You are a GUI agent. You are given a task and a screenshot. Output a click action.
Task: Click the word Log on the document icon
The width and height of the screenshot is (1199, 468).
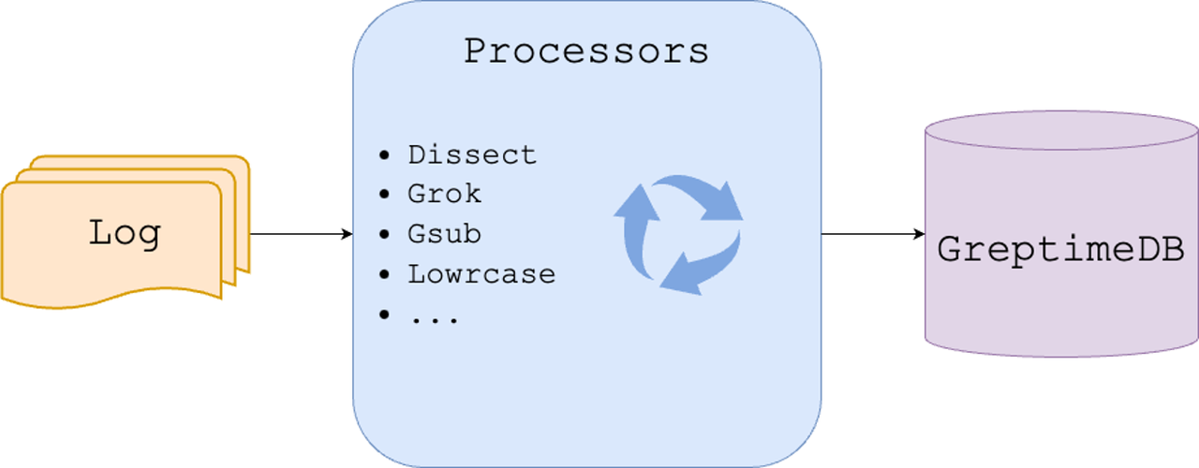tap(125, 232)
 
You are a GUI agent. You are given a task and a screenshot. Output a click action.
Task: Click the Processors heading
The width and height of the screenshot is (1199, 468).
tap(586, 51)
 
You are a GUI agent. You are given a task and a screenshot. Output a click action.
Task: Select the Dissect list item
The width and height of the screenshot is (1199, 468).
tap(472, 154)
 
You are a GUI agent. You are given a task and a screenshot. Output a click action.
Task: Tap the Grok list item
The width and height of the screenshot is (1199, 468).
tap(444, 194)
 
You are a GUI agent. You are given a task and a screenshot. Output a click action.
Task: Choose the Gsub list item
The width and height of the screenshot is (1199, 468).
tap(444, 234)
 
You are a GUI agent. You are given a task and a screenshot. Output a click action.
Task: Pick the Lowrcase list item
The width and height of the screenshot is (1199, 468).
tap(481, 274)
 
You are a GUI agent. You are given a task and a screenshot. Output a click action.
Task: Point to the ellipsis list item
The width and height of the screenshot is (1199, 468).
tap(434, 316)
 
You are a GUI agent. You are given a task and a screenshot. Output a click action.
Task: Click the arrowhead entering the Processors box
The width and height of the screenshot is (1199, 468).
tap(348, 234)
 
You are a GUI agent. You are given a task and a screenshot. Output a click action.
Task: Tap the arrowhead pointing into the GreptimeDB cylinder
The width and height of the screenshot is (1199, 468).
tap(919, 234)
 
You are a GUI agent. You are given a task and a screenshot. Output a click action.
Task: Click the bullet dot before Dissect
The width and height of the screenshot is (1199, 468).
tap(384, 155)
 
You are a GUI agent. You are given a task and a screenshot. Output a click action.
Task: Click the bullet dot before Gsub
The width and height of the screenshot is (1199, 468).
tap(384, 234)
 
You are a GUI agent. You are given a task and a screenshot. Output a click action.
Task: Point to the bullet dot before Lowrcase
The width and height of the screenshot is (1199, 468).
tap(384, 274)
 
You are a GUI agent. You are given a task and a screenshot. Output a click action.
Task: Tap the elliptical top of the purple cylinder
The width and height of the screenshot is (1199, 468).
tap(1061, 130)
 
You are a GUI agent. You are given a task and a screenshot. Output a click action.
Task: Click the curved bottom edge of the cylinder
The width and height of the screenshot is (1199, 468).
tap(1061, 356)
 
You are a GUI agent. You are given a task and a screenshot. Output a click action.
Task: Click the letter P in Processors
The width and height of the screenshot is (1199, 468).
tap(476, 51)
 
